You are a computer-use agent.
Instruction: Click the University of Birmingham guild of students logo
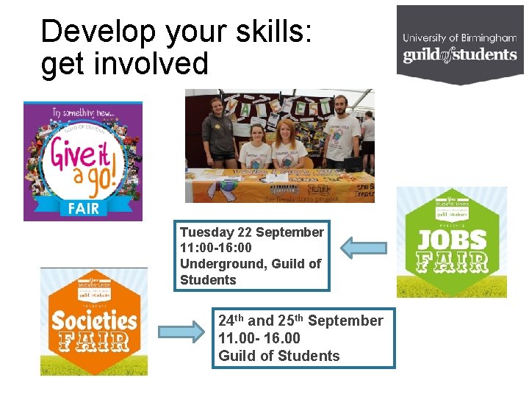coord(460,46)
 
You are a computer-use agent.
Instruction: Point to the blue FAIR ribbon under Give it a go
coord(83,207)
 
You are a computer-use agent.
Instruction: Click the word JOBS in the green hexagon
coord(452,239)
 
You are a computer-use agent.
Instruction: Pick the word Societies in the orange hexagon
coord(93,321)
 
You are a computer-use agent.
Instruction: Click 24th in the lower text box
coord(231,321)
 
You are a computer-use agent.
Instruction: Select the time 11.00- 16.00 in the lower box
coord(259,338)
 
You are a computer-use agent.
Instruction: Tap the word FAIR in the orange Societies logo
coord(93,343)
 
